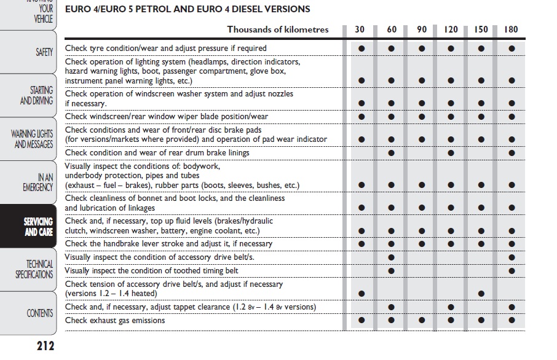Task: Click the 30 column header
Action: (x=360, y=29)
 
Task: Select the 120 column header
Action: (x=451, y=29)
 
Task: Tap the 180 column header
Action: (x=511, y=29)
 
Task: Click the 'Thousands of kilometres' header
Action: (x=278, y=29)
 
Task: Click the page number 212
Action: (x=45, y=346)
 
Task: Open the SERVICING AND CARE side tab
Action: (x=38, y=227)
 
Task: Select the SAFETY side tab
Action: (x=44, y=53)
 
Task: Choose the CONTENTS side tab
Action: (x=40, y=313)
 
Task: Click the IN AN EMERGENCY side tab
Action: (x=38, y=182)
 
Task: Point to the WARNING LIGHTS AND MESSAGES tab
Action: (x=32, y=139)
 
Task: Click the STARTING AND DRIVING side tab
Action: (x=37, y=96)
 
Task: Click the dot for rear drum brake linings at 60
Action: (x=391, y=153)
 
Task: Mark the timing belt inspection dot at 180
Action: (x=512, y=271)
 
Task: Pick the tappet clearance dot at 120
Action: (x=451, y=307)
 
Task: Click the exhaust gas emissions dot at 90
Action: (x=422, y=320)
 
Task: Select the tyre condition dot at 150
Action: (x=481, y=48)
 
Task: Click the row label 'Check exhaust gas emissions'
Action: (x=115, y=320)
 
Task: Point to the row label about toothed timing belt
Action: (x=151, y=270)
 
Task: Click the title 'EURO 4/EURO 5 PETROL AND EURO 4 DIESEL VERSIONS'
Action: (x=188, y=9)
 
